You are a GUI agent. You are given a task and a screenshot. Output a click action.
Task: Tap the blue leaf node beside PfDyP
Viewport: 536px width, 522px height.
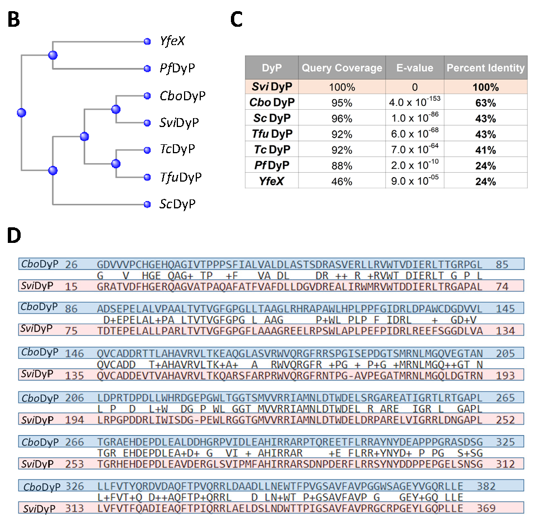tap(147, 69)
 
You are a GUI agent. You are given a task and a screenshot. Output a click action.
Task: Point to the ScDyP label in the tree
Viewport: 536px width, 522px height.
tap(177, 204)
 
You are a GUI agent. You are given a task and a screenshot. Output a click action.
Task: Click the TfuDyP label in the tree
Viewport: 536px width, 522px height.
tap(180, 177)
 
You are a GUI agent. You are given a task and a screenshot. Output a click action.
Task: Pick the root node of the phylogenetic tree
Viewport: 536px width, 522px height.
tap(22, 112)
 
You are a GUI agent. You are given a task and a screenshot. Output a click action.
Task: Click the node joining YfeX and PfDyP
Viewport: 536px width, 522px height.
tap(53, 55)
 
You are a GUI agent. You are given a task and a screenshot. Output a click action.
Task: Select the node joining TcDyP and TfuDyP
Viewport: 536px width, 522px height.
tap(115, 163)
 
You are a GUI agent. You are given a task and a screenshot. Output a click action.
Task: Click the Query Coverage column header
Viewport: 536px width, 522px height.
tap(342, 68)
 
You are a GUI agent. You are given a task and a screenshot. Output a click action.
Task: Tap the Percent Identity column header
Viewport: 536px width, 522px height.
tap(485, 68)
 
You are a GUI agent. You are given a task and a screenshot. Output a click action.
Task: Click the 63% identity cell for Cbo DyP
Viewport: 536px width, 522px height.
tap(485, 103)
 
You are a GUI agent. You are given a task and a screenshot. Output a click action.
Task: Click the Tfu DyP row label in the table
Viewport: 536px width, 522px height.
tap(272, 134)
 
